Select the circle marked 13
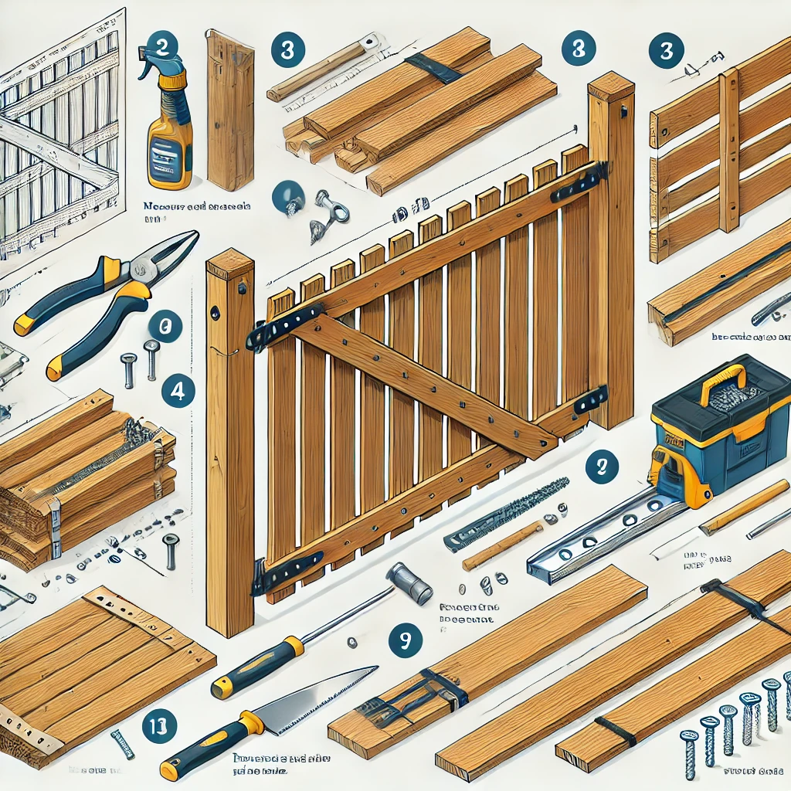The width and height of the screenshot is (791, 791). [160, 725]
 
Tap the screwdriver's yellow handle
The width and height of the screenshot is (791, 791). [255, 668]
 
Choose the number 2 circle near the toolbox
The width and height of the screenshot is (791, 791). [601, 467]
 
